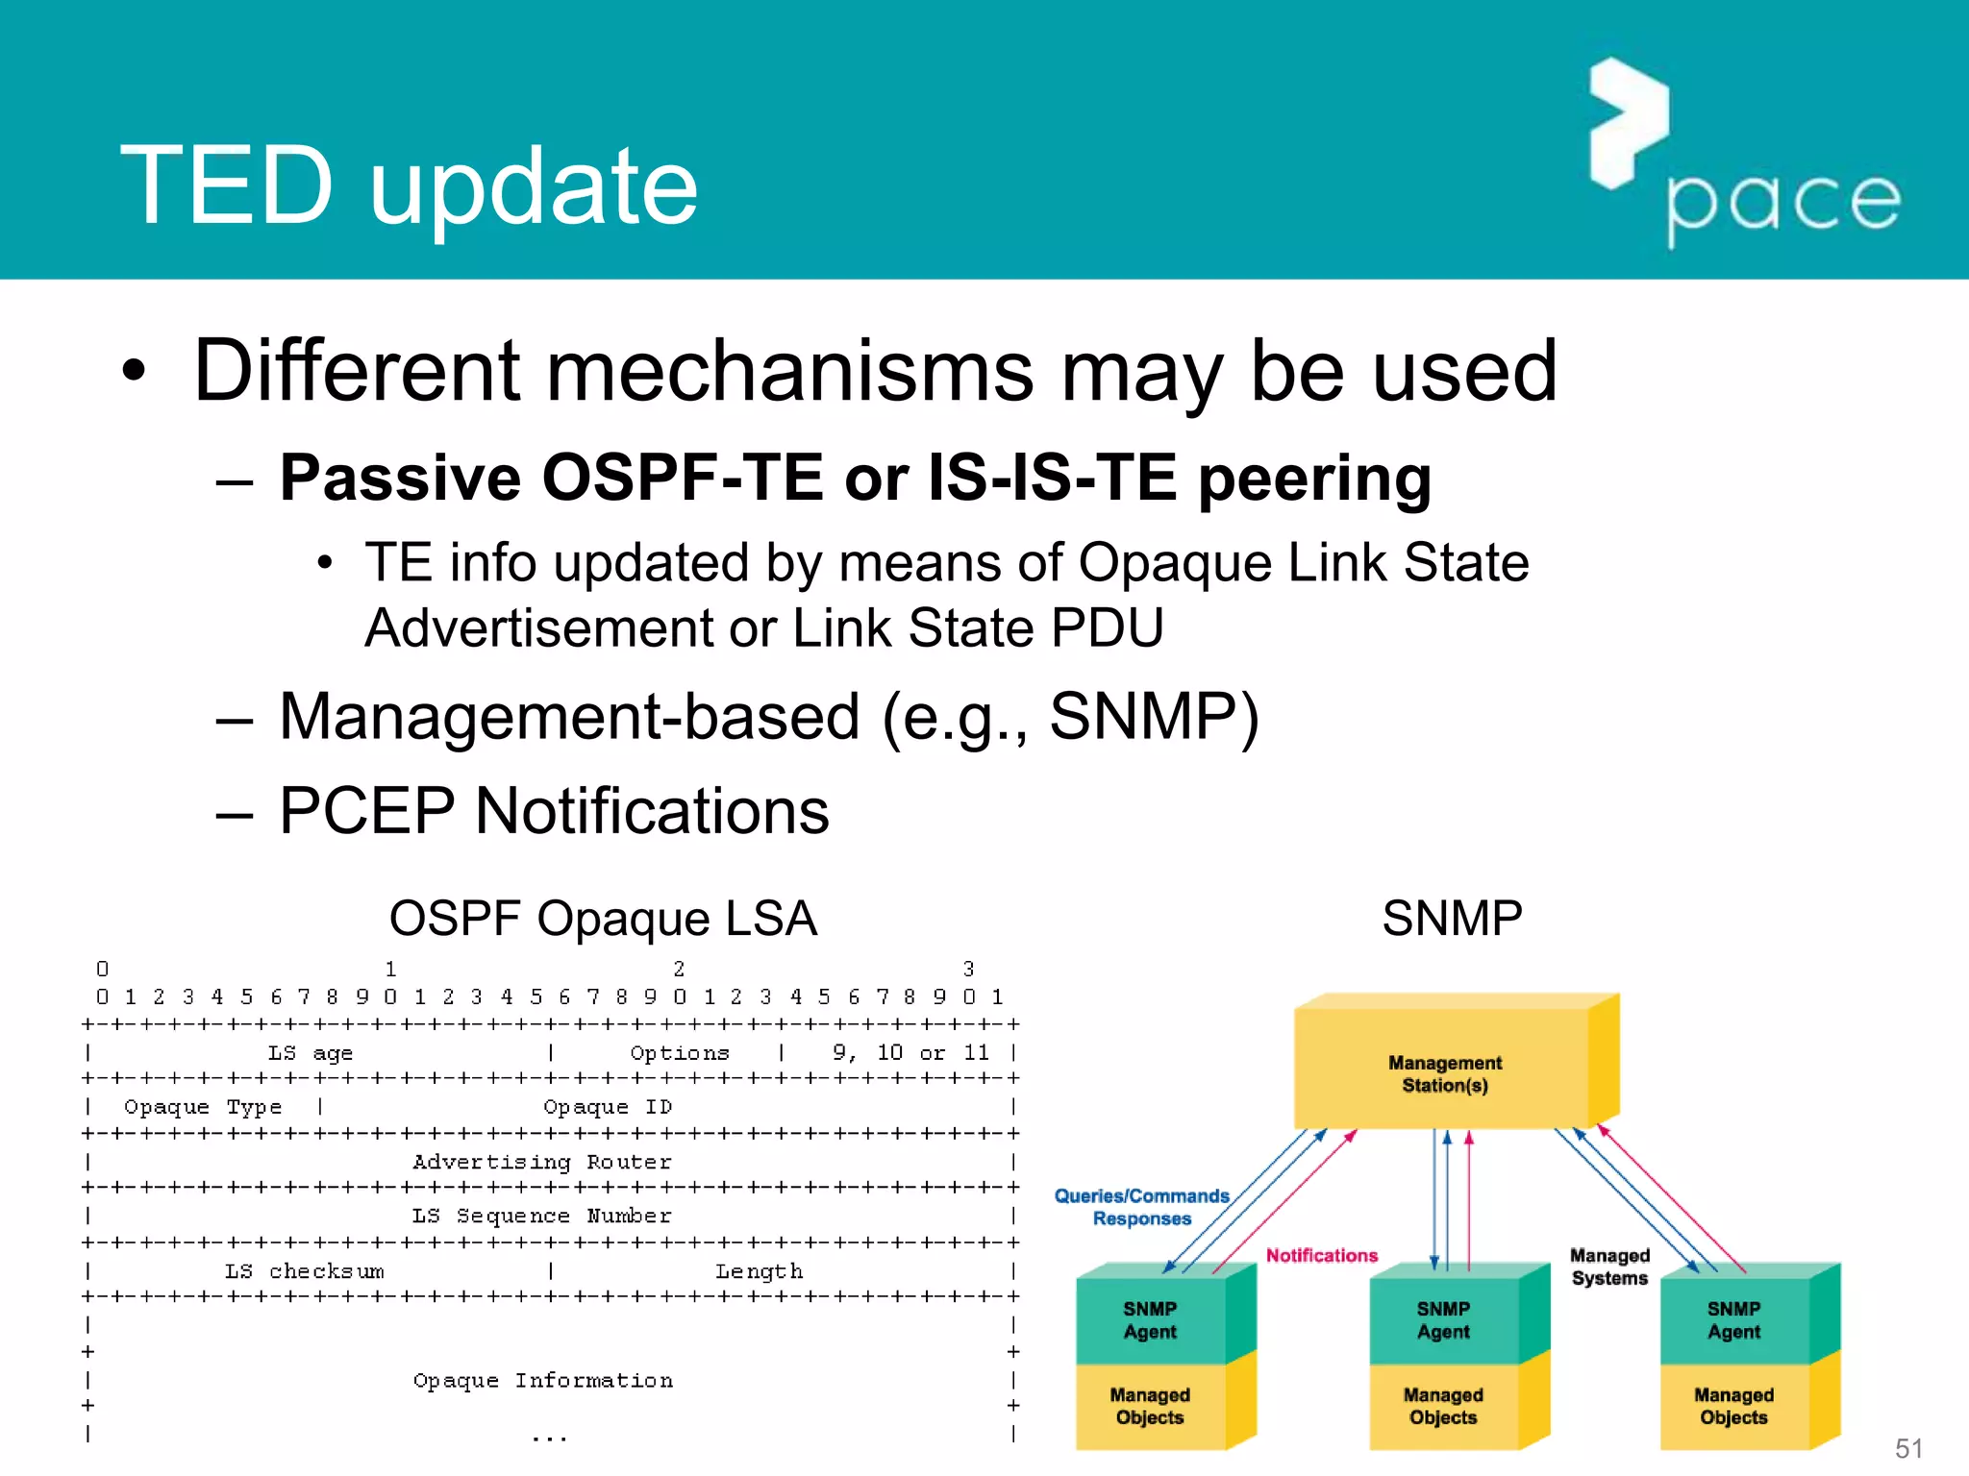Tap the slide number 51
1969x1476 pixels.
[x=1908, y=1448]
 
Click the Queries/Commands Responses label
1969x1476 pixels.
[x=1141, y=1207]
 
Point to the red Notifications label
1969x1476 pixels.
[x=1321, y=1255]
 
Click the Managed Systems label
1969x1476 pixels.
[x=1609, y=1267]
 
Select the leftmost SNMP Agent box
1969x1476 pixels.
[x=1150, y=1320]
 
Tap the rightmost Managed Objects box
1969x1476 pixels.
[x=1733, y=1406]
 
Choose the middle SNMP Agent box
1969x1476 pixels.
[x=1443, y=1320]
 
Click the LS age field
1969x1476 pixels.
[x=310, y=1053]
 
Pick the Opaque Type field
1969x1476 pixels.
[x=203, y=1107]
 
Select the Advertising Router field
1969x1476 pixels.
[x=542, y=1162]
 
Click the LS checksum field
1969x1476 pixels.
[x=304, y=1271]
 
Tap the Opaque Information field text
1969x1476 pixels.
[x=543, y=1381]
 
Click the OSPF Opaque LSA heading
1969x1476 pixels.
[x=603, y=919]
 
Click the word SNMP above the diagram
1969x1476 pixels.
[x=1452, y=919]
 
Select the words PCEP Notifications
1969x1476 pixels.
[x=554, y=811]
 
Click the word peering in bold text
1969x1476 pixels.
[x=1314, y=479]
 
